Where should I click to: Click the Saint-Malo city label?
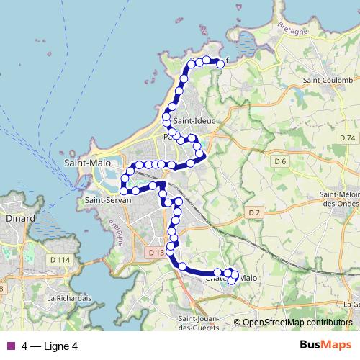(x=86, y=163)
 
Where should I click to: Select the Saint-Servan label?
(x=107, y=200)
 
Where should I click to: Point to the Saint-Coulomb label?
(x=328, y=80)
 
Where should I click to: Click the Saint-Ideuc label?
(x=192, y=122)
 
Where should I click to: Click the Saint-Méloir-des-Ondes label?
(x=339, y=199)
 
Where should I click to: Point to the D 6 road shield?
(x=280, y=162)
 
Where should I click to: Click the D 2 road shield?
(x=253, y=212)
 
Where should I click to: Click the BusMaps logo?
(x=325, y=345)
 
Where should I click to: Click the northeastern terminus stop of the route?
(x=220, y=63)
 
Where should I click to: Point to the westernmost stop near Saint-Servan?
(x=124, y=190)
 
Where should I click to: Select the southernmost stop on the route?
(x=231, y=280)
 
